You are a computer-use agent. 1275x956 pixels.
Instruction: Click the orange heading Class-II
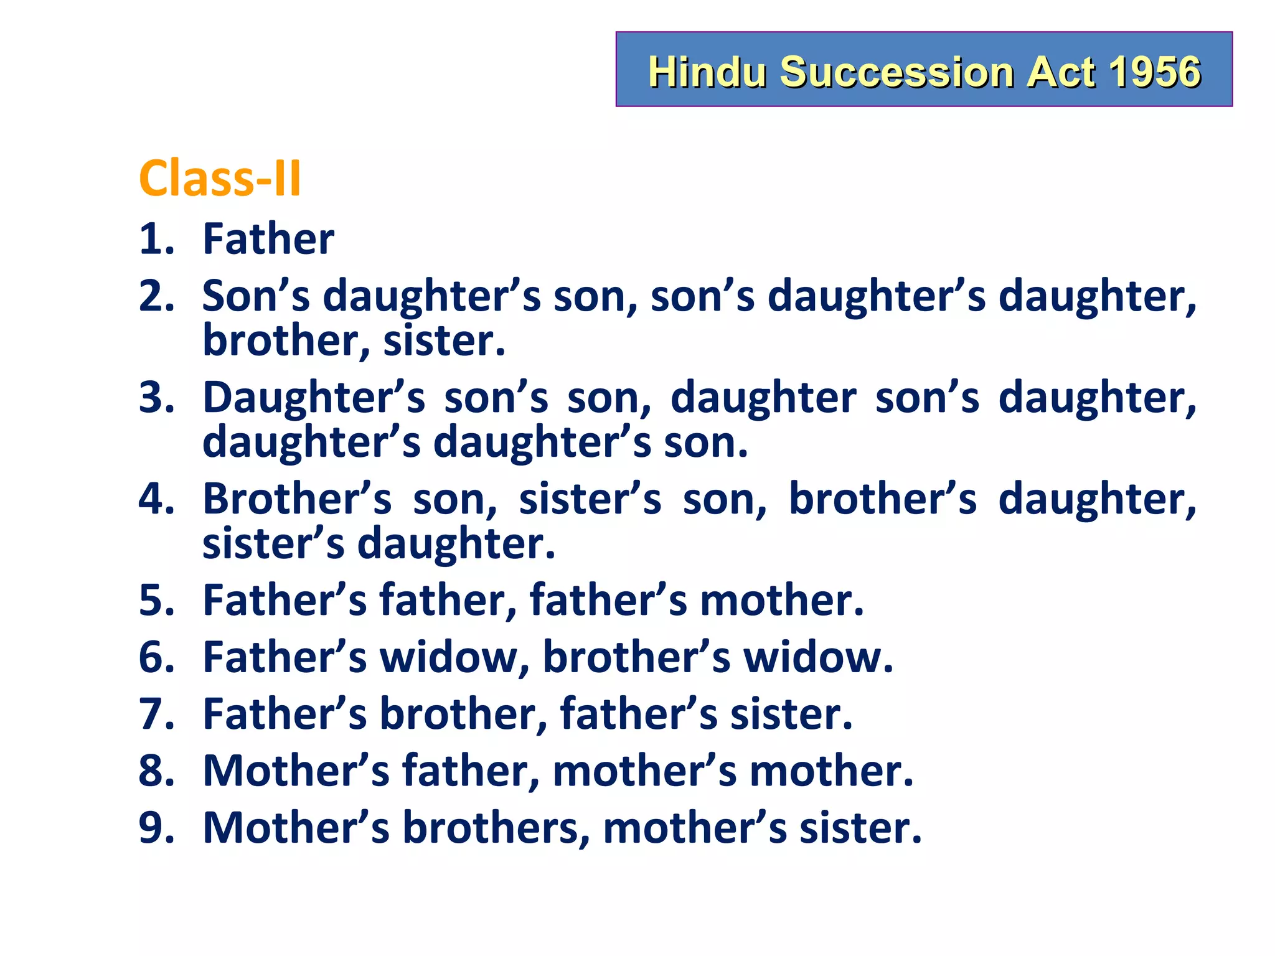tap(220, 179)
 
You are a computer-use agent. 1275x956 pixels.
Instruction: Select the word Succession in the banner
tap(897, 72)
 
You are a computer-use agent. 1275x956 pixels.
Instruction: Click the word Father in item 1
tap(268, 239)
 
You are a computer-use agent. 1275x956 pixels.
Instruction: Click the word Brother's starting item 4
tap(297, 499)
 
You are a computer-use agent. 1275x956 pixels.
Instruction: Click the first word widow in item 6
tap(449, 657)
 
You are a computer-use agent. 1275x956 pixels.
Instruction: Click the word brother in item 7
tap(459, 714)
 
